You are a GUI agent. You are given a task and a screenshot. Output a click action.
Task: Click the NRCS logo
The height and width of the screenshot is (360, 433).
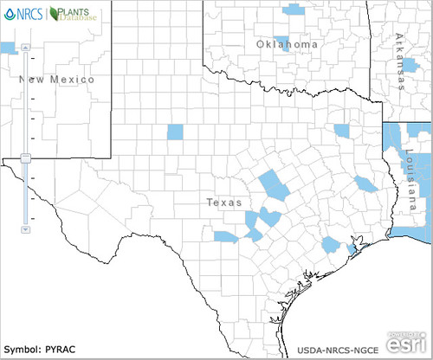[x=23, y=14]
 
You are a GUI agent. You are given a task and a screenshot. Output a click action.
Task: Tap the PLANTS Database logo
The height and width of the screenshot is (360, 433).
[x=74, y=14]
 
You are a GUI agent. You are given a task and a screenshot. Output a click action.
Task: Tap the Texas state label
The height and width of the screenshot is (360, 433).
[x=223, y=202]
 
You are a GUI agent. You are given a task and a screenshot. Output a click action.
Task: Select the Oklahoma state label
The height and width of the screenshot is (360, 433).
[x=287, y=44]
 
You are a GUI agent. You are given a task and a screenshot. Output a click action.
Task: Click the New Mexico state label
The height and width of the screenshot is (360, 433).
[x=55, y=80]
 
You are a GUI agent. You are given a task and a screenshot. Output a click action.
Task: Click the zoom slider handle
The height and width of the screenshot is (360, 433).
[x=26, y=157]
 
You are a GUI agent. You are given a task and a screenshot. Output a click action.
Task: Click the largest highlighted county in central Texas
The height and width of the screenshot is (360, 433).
[x=275, y=183]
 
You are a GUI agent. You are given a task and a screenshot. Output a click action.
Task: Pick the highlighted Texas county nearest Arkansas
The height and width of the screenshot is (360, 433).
[x=342, y=132]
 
